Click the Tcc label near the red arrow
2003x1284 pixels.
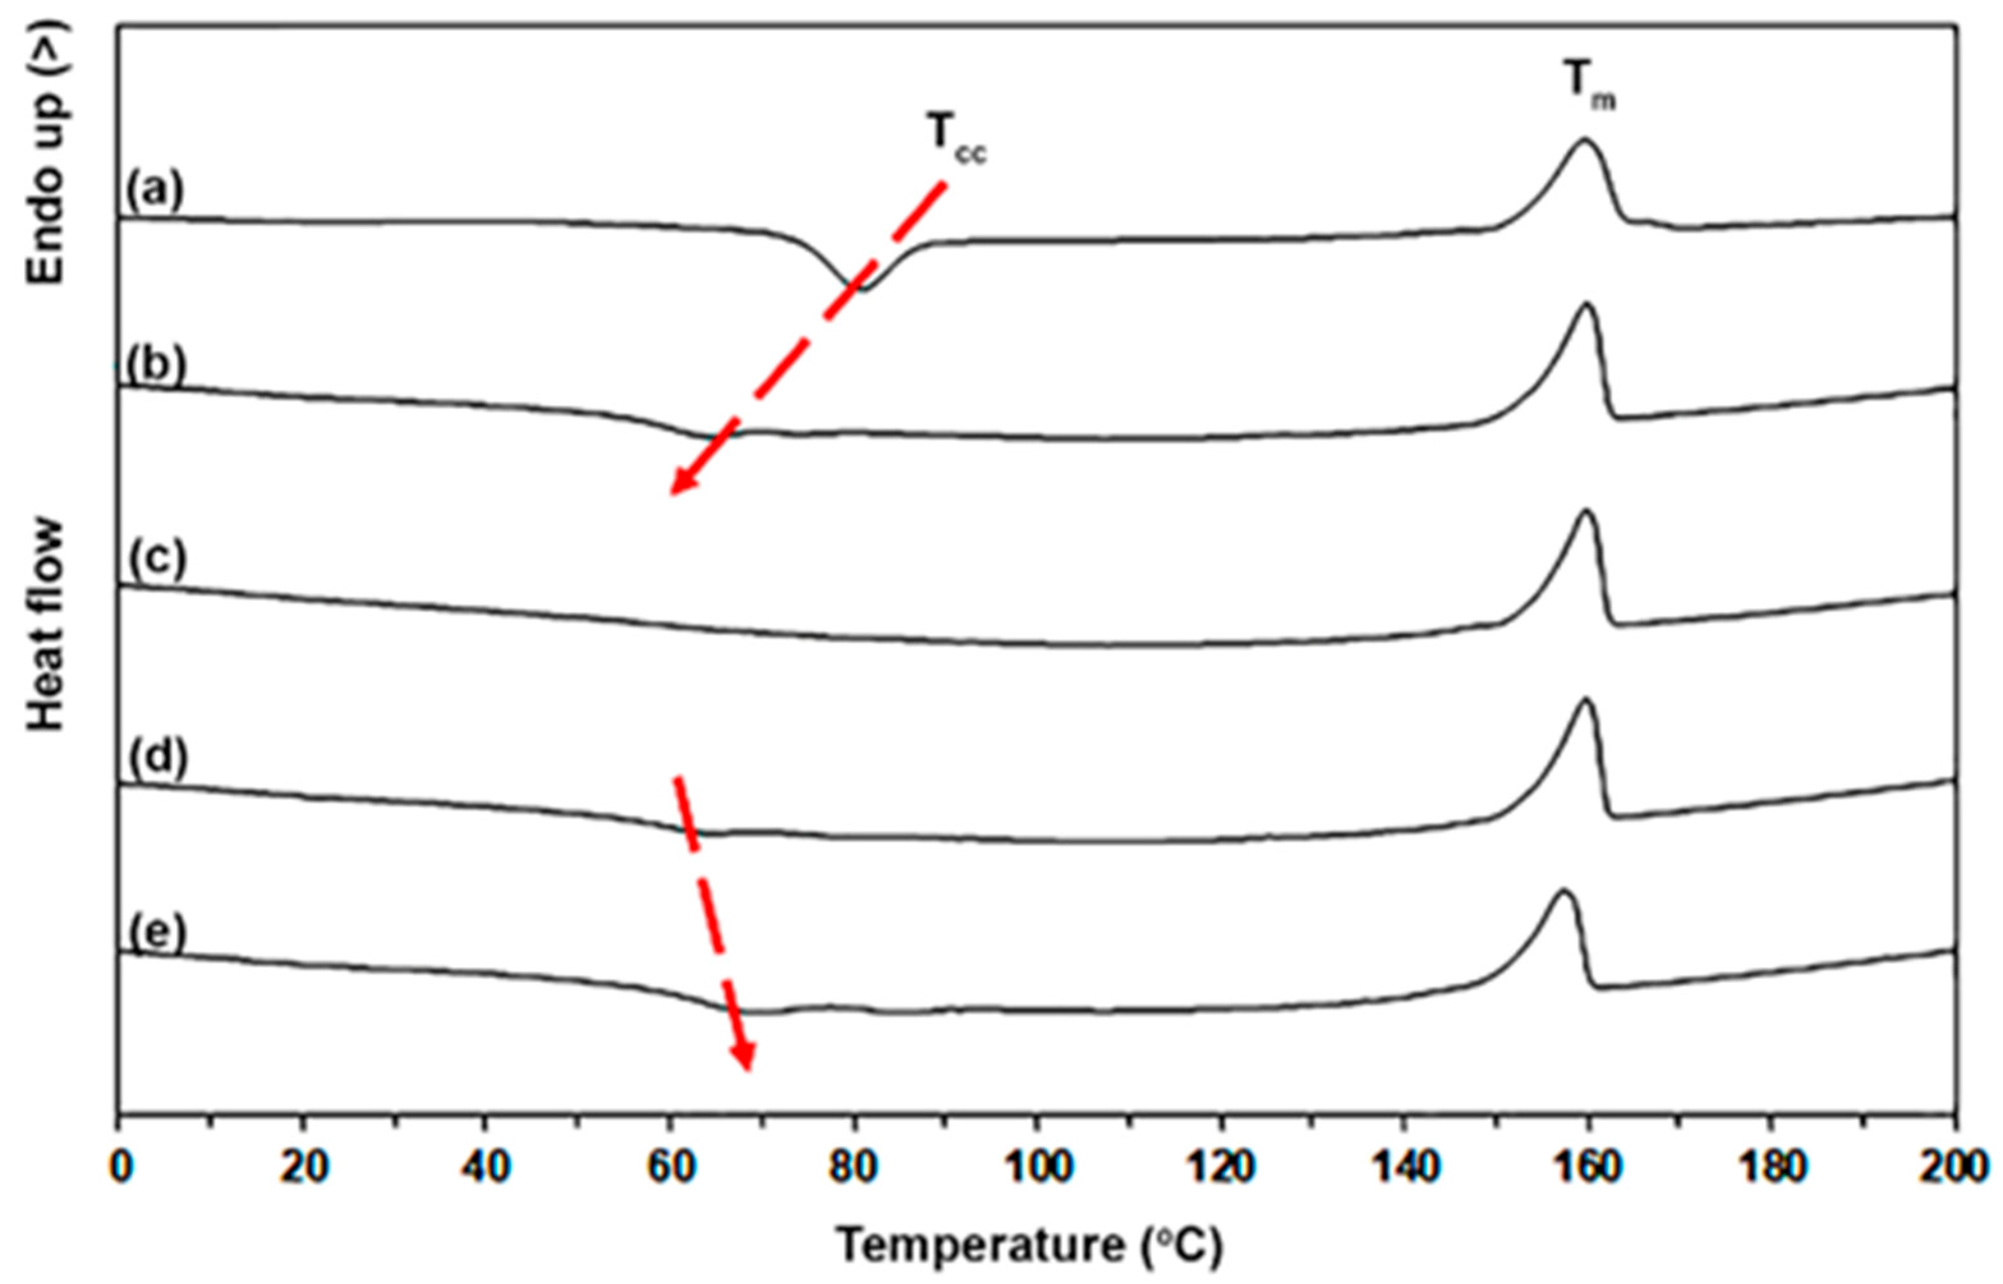956,142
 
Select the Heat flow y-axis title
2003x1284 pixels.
46,625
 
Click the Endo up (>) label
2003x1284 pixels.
46,154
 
